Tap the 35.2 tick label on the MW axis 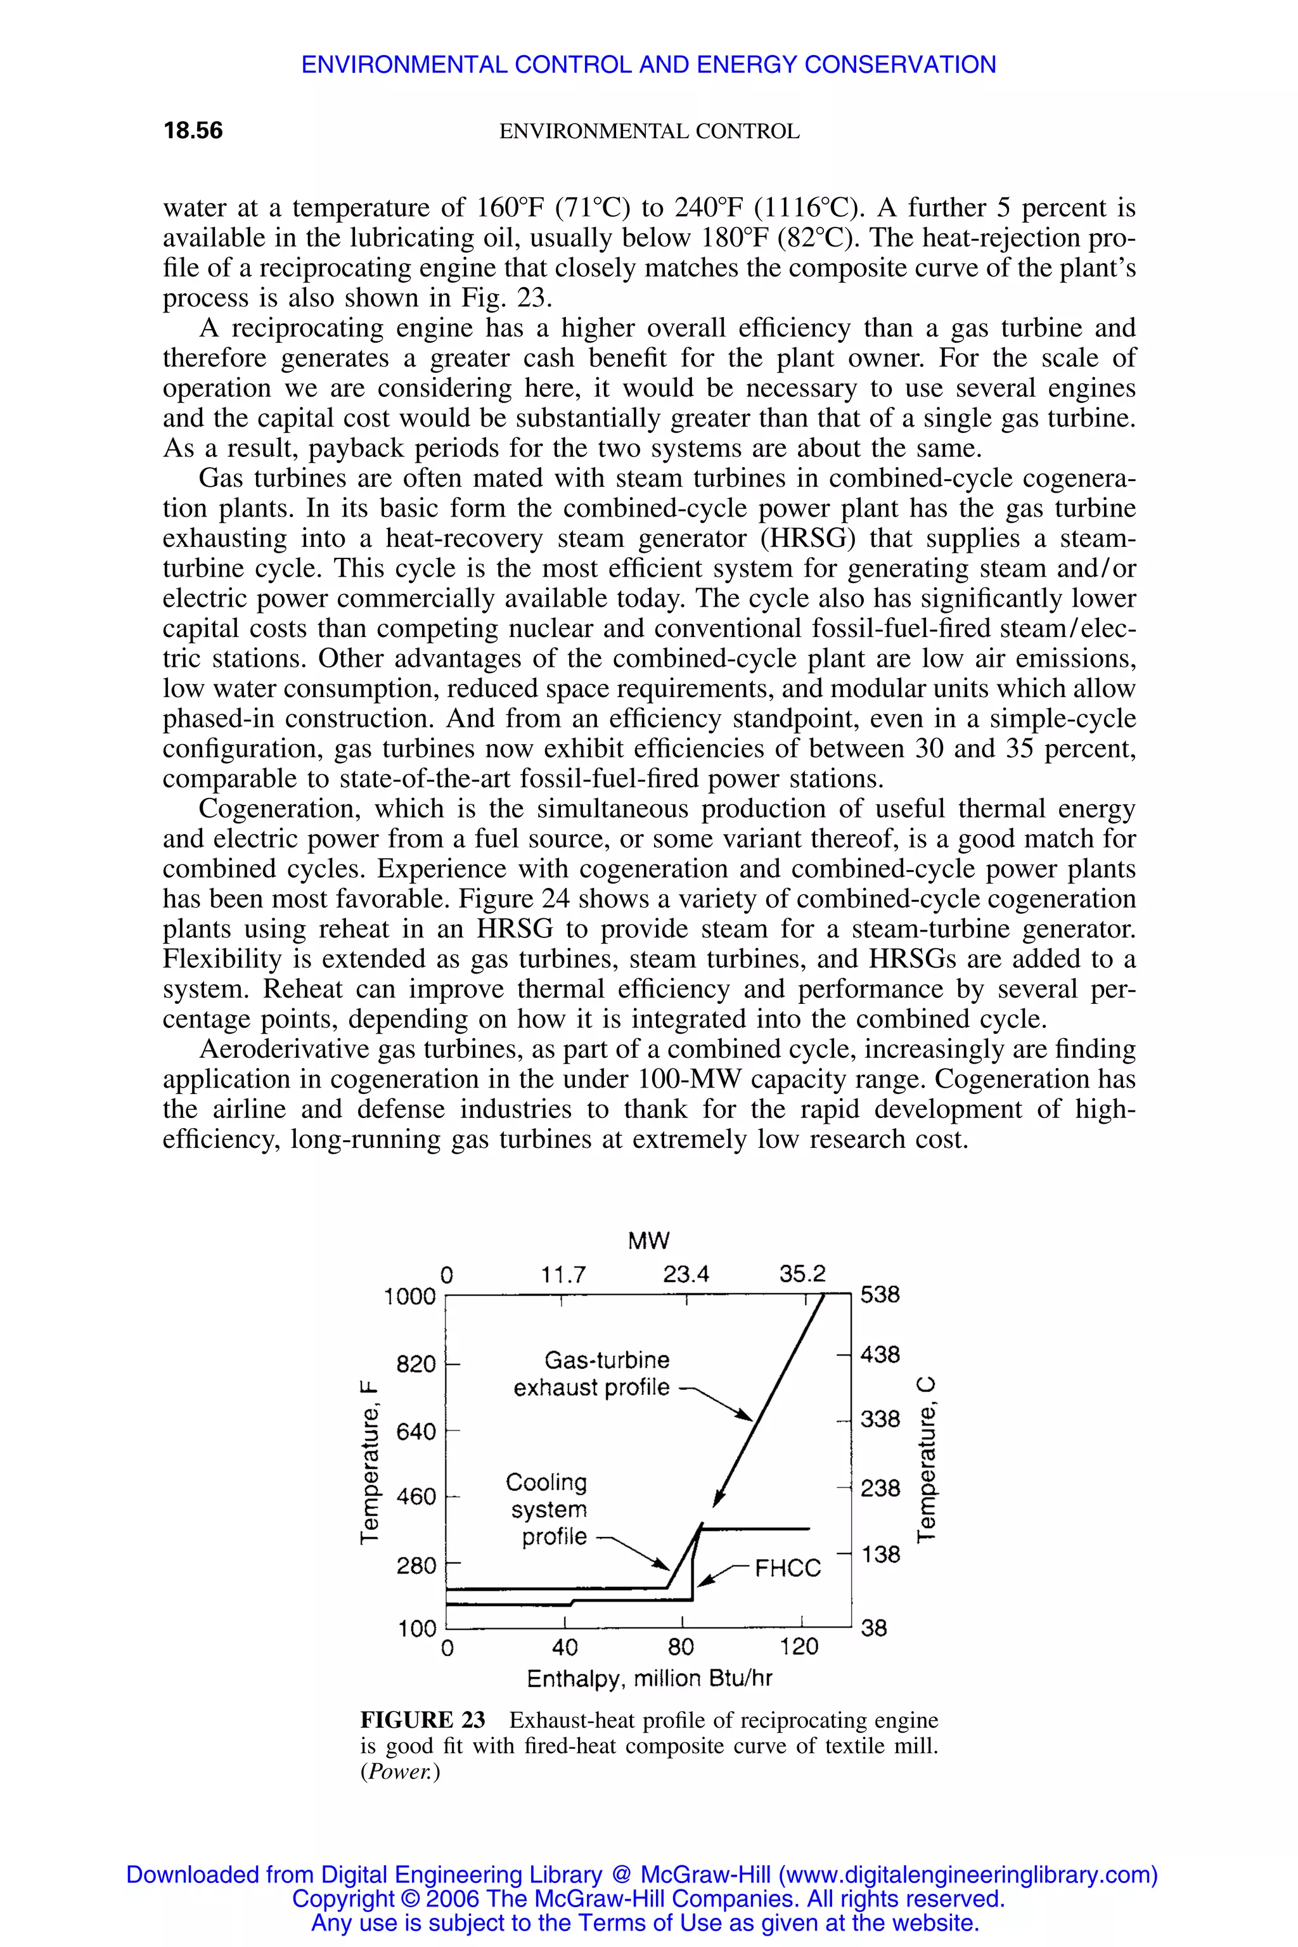(802, 1274)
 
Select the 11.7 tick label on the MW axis (563, 1275)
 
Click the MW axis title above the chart (648, 1241)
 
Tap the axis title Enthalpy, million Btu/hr (649, 1679)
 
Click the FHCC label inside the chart (787, 1568)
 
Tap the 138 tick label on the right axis (880, 1555)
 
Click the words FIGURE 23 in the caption (423, 1720)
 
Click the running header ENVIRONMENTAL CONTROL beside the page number (649, 132)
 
